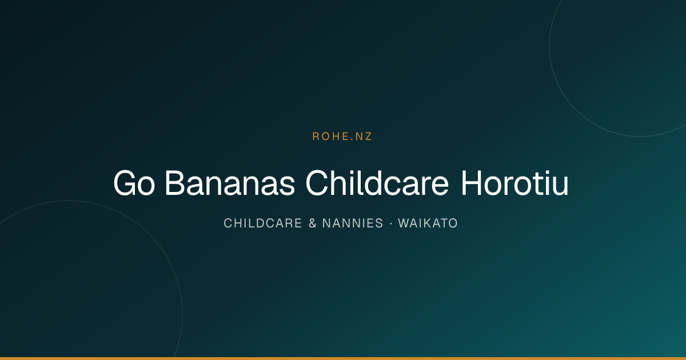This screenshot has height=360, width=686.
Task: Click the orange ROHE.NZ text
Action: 342,137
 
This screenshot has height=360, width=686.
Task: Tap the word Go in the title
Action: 134,183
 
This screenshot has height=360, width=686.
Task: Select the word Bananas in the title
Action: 230,183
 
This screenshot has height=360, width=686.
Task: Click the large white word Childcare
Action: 377,183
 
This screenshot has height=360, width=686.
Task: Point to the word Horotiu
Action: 515,183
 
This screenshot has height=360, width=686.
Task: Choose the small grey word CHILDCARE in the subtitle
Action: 263,223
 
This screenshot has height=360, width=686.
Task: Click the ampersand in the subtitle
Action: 312,223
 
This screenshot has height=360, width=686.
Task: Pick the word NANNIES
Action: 353,223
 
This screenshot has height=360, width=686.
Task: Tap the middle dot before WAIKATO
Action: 391,223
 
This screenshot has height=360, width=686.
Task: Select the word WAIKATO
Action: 428,223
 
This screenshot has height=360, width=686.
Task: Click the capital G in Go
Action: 125,183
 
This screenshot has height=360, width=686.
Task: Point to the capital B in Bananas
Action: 174,183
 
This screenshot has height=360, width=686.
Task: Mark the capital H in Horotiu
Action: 472,183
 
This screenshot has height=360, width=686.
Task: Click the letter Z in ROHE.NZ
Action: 368,137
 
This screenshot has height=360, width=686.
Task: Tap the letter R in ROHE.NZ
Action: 316,137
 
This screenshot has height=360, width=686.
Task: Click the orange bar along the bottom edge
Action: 343,358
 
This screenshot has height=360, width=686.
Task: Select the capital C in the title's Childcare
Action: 317,183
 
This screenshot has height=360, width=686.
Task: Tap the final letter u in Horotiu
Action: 561,186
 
